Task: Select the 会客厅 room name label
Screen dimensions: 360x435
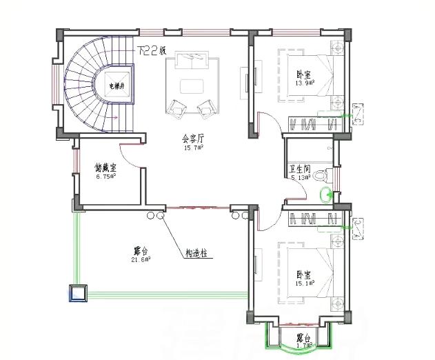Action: [192, 139]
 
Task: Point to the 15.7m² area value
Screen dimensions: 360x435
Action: [192, 148]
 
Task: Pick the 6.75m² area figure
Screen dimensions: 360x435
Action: [105, 176]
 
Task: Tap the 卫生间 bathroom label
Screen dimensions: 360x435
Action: [301, 169]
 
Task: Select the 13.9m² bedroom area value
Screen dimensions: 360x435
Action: [305, 83]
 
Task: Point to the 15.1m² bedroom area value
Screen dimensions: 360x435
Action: [305, 283]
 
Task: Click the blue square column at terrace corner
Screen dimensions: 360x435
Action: [77, 293]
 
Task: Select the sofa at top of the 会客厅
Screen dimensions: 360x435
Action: [191, 61]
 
